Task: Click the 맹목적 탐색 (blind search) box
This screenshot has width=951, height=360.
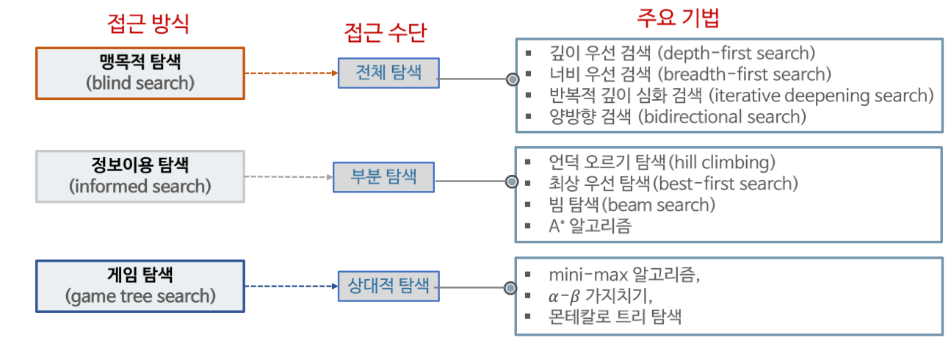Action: (x=140, y=73)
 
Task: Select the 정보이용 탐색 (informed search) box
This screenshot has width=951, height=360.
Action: (x=140, y=176)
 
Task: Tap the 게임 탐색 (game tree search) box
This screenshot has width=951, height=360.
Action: (x=140, y=287)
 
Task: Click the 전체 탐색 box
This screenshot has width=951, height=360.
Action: (x=388, y=73)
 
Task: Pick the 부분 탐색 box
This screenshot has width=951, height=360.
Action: (x=384, y=177)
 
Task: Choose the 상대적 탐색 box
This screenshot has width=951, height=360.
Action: (x=388, y=286)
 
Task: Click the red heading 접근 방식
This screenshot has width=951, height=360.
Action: (x=148, y=24)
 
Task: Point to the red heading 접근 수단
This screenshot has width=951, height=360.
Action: (x=386, y=32)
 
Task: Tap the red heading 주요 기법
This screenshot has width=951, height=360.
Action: (x=677, y=17)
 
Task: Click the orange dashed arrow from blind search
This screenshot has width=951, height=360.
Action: (x=291, y=73)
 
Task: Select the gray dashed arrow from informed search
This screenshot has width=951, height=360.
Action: (x=288, y=177)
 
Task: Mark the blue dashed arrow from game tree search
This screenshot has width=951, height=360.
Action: (x=291, y=287)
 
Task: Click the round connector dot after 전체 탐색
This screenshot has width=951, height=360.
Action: (x=512, y=78)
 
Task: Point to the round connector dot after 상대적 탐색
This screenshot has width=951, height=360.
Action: (x=512, y=287)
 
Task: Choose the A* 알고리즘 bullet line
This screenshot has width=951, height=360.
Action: (x=589, y=226)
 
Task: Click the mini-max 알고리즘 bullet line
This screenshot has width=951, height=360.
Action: (x=624, y=276)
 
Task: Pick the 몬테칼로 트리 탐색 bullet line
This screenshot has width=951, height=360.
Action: (x=615, y=317)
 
